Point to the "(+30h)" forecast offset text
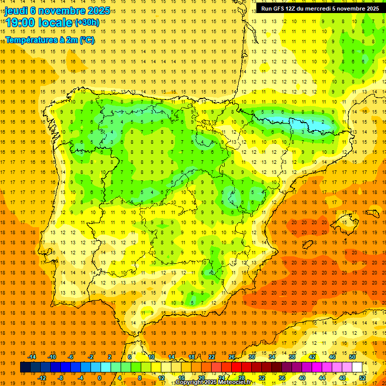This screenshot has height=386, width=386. point(86,23)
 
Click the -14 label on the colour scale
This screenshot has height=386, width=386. point(32,357)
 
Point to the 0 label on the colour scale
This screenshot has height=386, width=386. point(100,378)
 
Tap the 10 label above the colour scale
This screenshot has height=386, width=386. point(151,357)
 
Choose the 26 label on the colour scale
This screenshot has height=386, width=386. point(231,357)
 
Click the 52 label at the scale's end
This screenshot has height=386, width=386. point(363,378)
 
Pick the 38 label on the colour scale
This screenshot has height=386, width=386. point(292,357)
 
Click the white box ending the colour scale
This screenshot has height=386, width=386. point(357,367)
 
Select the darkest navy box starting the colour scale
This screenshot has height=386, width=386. point(25,367)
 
